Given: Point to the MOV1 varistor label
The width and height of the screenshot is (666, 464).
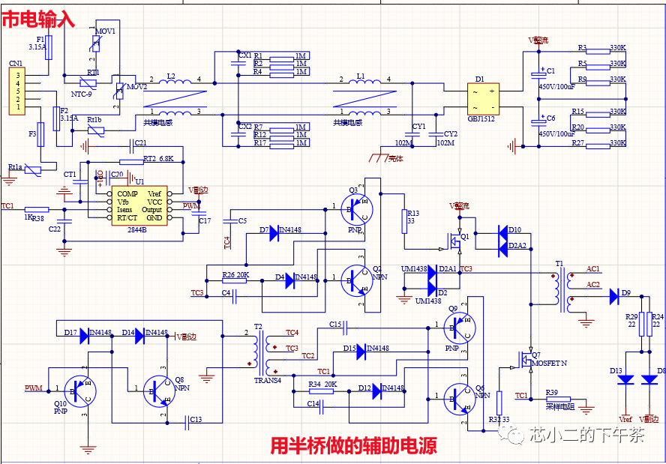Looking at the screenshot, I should point(105,31).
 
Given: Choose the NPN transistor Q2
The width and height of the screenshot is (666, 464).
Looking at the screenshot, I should point(356,280).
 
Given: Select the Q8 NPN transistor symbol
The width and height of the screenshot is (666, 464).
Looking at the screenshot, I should point(158,390).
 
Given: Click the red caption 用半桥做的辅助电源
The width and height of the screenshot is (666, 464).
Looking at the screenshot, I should point(353,447).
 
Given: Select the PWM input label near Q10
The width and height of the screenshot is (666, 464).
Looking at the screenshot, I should point(34,388).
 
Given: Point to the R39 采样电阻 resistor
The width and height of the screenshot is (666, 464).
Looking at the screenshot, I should point(556,400).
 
